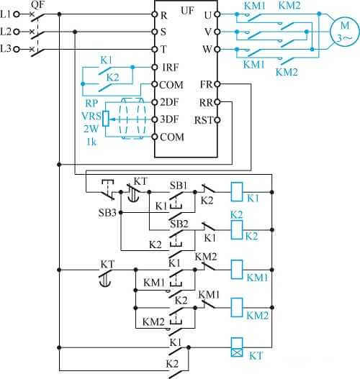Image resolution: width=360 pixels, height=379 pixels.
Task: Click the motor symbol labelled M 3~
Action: (x=346, y=32)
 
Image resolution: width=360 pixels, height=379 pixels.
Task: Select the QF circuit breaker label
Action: (x=37, y=4)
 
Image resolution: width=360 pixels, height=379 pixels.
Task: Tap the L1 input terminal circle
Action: (x=17, y=14)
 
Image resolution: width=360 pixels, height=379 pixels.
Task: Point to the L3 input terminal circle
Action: (x=17, y=50)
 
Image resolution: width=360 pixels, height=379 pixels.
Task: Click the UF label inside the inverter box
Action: (x=187, y=11)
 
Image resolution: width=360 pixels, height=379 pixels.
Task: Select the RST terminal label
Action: (x=204, y=120)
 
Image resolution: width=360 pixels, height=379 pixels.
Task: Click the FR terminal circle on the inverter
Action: (x=217, y=84)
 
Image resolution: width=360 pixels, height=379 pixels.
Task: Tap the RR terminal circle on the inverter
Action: (x=217, y=102)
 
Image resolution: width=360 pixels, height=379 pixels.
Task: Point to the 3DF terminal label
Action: (x=169, y=119)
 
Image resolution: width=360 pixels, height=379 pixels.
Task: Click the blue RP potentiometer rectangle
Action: (x=106, y=119)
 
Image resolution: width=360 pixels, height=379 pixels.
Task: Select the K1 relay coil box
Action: (x=237, y=192)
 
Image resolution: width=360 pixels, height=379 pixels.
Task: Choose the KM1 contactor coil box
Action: (x=237, y=270)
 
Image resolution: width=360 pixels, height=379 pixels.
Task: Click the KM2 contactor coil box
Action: (x=237, y=308)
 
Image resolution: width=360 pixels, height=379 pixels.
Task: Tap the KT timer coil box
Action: (x=237, y=347)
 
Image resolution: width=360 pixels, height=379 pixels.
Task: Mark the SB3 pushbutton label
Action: (x=107, y=213)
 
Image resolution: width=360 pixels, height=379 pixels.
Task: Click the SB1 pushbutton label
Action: (x=179, y=186)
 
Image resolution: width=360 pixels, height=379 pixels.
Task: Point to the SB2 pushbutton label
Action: (x=179, y=224)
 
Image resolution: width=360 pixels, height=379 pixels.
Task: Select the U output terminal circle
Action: (x=217, y=14)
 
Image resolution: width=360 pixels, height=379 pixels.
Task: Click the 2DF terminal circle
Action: (x=155, y=102)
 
